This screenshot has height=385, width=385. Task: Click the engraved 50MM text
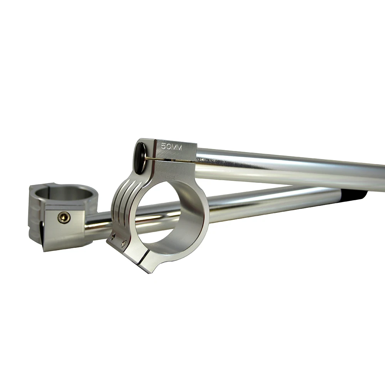click(171, 147)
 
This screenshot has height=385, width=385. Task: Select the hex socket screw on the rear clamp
click(64, 217)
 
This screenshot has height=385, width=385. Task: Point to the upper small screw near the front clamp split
click(114, 237)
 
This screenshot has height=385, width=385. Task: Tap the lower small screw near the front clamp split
click(124, 243)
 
